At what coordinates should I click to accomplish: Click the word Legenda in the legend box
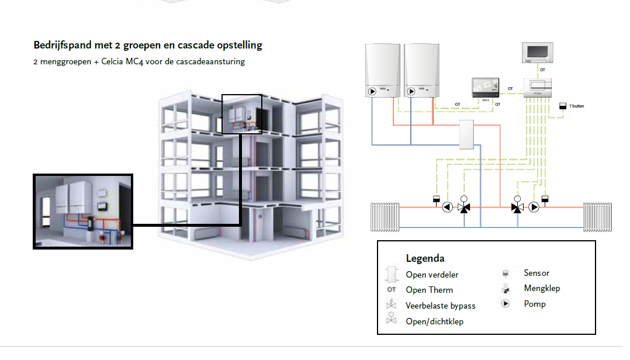425,258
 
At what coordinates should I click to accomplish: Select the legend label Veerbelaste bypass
440,306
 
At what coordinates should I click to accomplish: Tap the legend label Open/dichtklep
435,321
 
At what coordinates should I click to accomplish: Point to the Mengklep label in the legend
542,288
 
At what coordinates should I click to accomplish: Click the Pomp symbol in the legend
504,304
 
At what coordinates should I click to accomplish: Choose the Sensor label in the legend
536,273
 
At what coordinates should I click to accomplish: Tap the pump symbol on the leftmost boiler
373,91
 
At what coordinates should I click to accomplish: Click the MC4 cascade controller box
485,87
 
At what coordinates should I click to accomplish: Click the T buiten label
576,106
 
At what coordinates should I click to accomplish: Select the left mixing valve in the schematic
464,207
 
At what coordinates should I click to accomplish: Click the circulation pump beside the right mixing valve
534,207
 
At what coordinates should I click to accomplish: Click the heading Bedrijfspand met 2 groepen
148,45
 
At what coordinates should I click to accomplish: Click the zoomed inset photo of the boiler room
83,212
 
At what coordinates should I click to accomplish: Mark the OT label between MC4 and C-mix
510,89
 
